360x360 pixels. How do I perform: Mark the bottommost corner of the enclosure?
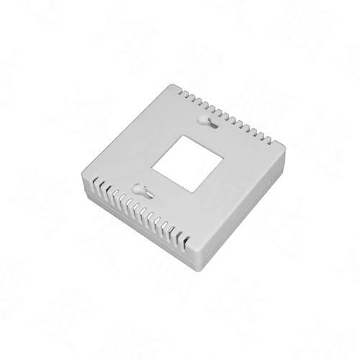tap(195, 251)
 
